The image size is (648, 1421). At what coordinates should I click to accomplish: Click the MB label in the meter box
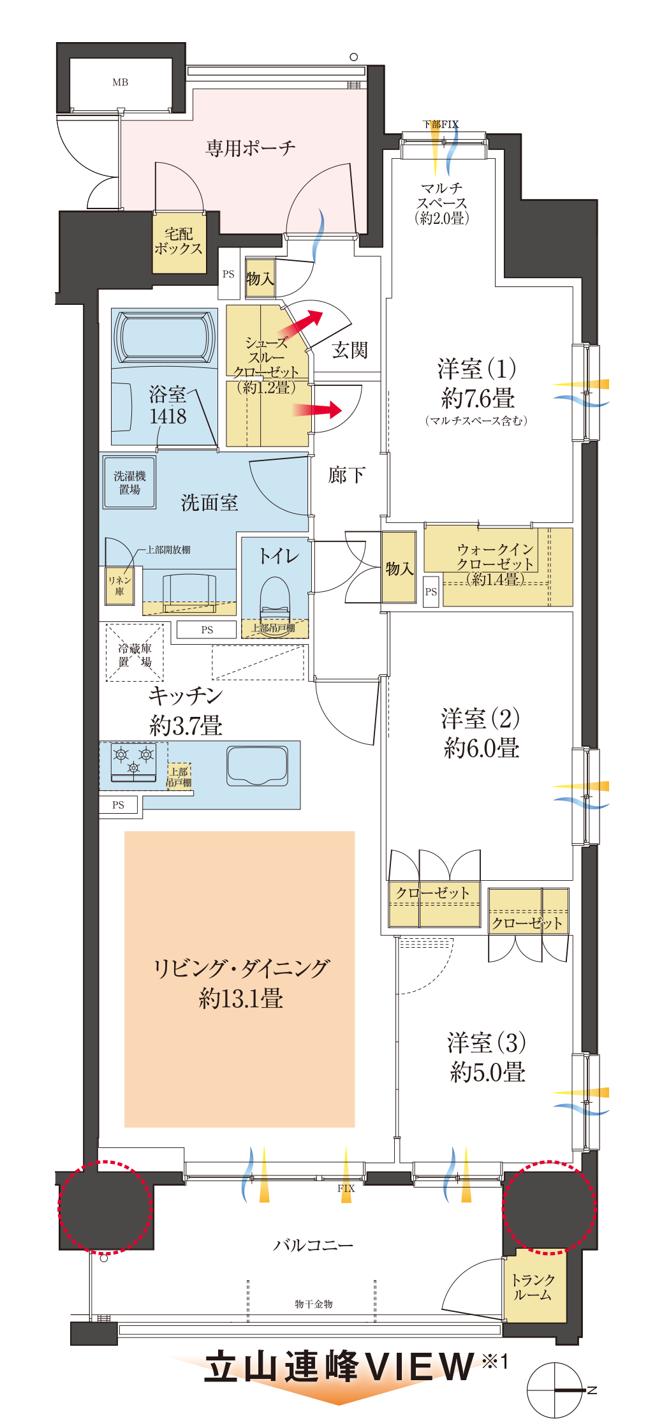[120, 82]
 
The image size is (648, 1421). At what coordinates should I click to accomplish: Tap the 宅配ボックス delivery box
[179, 242]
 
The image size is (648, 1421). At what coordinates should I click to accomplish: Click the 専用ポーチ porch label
[251, 149]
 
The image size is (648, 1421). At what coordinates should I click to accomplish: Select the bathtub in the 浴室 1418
[164, 338]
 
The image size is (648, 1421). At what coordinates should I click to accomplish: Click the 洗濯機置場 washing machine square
[129, 483]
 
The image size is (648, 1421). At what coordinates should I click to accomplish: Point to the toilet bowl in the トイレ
[275, 598]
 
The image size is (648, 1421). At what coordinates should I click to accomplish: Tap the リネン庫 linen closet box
[120, 585]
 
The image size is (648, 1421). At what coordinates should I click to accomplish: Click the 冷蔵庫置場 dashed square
[135, 652]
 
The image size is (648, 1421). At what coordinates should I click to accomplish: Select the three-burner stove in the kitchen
[133, 762]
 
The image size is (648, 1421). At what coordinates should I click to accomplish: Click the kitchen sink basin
[256, 765]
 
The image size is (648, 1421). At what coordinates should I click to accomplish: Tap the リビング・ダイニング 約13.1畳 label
[240, 983]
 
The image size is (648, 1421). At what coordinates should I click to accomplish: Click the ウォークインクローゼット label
[495, 564]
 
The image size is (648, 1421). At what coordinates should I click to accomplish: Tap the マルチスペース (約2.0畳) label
[442, 203]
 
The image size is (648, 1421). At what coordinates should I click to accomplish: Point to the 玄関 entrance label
[350, 350]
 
